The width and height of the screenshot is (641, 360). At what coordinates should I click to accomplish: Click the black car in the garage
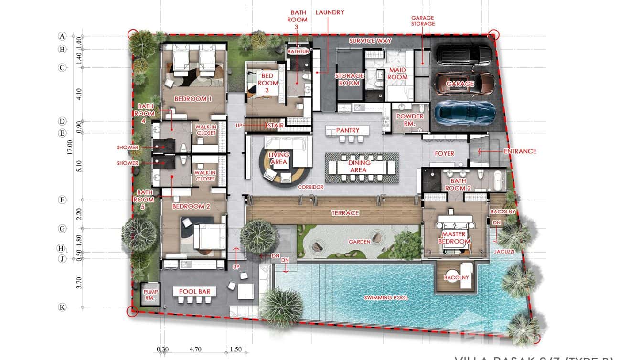coord(464,55)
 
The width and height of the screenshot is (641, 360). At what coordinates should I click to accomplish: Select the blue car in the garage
coord(464,113)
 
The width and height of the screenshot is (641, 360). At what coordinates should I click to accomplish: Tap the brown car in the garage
coord(464,84)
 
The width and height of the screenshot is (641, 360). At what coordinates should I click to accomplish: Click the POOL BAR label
coord(194,292)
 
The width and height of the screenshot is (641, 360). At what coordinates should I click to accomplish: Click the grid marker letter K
coord(62,307)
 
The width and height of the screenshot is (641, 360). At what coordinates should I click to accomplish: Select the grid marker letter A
coord(62,36)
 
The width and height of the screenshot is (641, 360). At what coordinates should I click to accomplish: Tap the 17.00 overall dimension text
coord(70,148)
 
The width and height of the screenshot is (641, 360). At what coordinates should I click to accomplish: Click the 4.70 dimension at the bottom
coord(195,349)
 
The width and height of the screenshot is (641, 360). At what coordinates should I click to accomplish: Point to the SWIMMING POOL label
coord(386,298)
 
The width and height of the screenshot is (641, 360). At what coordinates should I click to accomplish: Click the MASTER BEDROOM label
coord(454,238)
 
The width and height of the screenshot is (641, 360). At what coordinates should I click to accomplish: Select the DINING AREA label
coord(358,167)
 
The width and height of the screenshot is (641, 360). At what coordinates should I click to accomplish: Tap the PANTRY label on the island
coord(347,130)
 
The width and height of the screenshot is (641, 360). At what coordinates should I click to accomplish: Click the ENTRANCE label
coord(520,151)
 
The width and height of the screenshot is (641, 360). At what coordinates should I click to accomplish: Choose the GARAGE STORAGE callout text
coord(423,21)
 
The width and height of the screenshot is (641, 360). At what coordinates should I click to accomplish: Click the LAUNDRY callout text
coord(330,12)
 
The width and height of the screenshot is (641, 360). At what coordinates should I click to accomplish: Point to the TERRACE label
coord(345,213)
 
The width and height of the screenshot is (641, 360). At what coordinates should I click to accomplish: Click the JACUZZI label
coord(505,251)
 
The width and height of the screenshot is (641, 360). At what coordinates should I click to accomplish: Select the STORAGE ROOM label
coord(349,79)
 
